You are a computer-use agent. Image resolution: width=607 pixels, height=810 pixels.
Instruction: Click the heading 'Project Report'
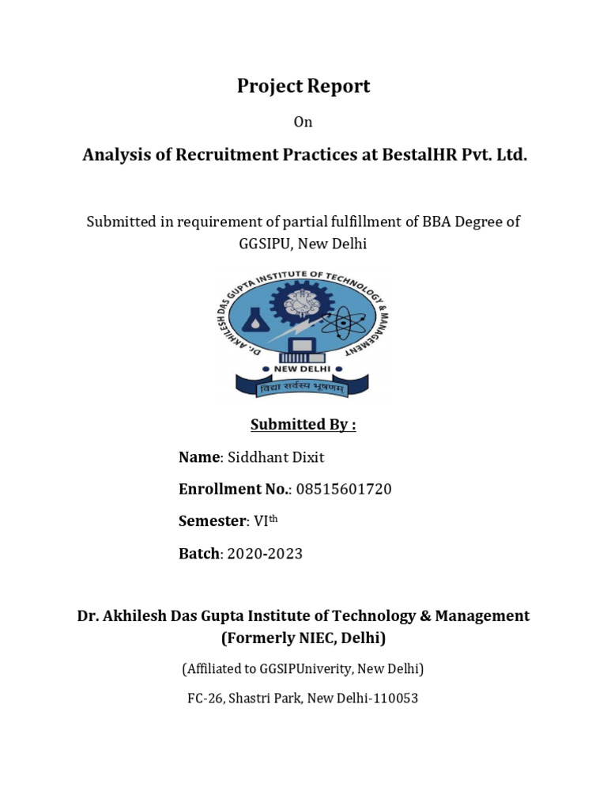[x=303, y=87]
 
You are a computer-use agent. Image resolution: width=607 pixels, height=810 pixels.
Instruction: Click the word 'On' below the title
[x=303, y=122]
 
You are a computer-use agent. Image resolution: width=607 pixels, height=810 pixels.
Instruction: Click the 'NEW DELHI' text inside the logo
[x=303, y=369]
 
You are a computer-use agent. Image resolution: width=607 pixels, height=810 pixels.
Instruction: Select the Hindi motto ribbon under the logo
[x=303, y=388]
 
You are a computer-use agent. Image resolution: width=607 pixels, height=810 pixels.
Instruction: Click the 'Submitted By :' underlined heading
[x=303, y=425]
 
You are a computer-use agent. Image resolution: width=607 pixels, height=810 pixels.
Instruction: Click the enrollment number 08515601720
[x=344, y=490]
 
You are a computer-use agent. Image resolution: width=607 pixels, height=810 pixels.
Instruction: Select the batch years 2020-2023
[x=265, y=554]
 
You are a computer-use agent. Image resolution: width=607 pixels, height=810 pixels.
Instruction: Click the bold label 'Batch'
[x=198, y=554]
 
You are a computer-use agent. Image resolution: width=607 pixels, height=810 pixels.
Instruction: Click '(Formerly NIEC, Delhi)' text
[x=303, y=638]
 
